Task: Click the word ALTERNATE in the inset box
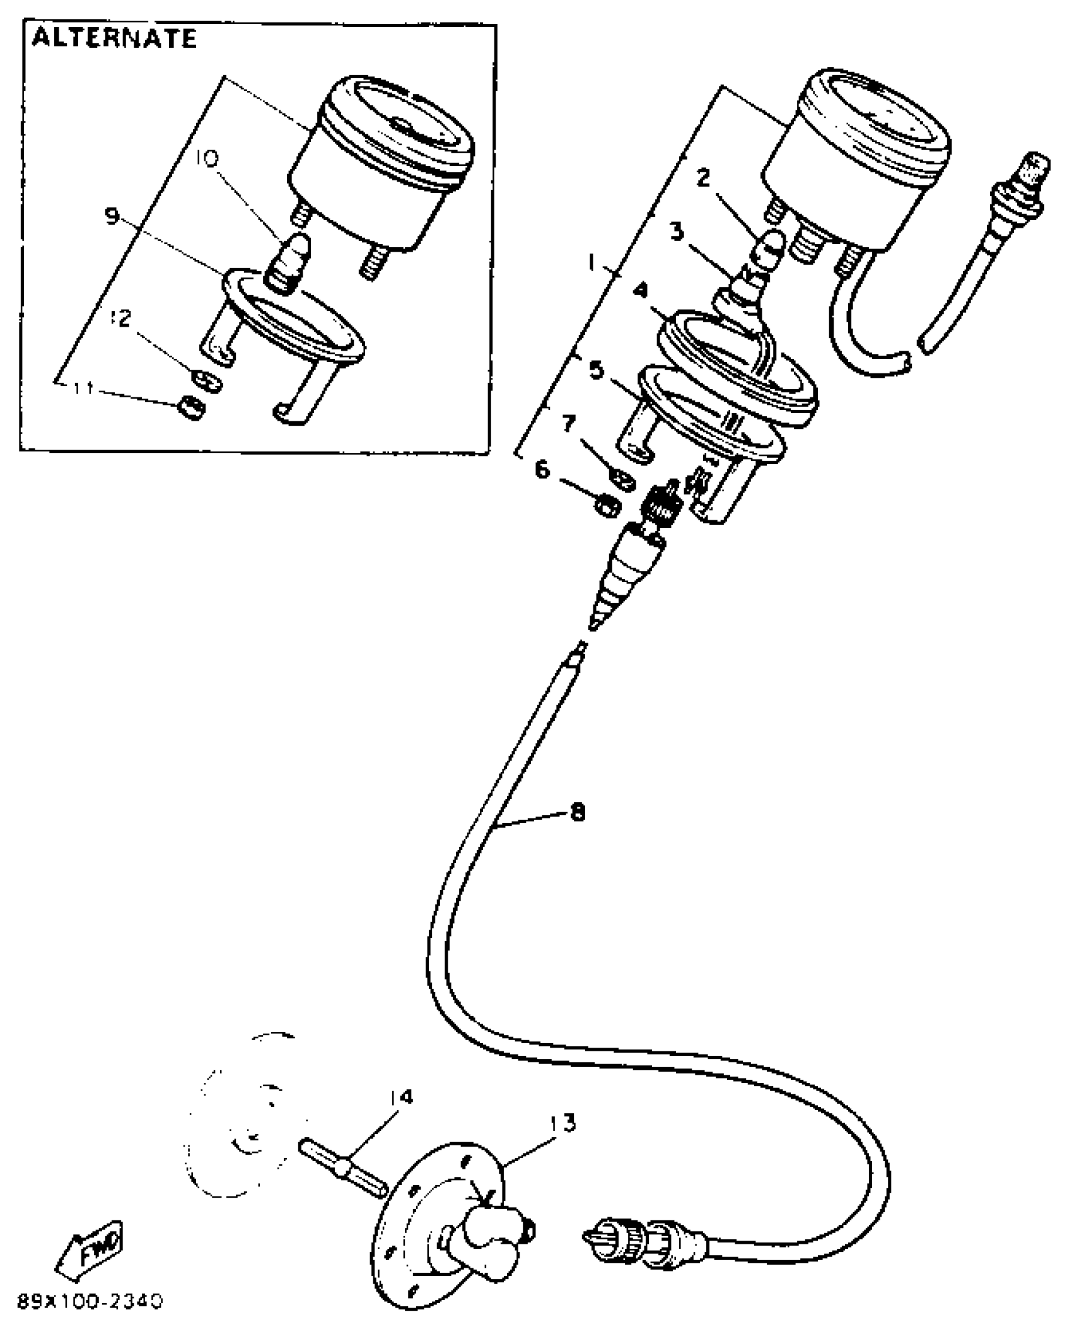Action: pos(114,39)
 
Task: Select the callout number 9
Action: pos(112,216)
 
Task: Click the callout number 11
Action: pos(83,389)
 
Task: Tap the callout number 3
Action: pos(677,231)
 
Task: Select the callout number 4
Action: pos(641,289)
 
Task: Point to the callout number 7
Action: pos(569,423)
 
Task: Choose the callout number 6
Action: pos(542,470)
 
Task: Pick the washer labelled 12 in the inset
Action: pos(207,380)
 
